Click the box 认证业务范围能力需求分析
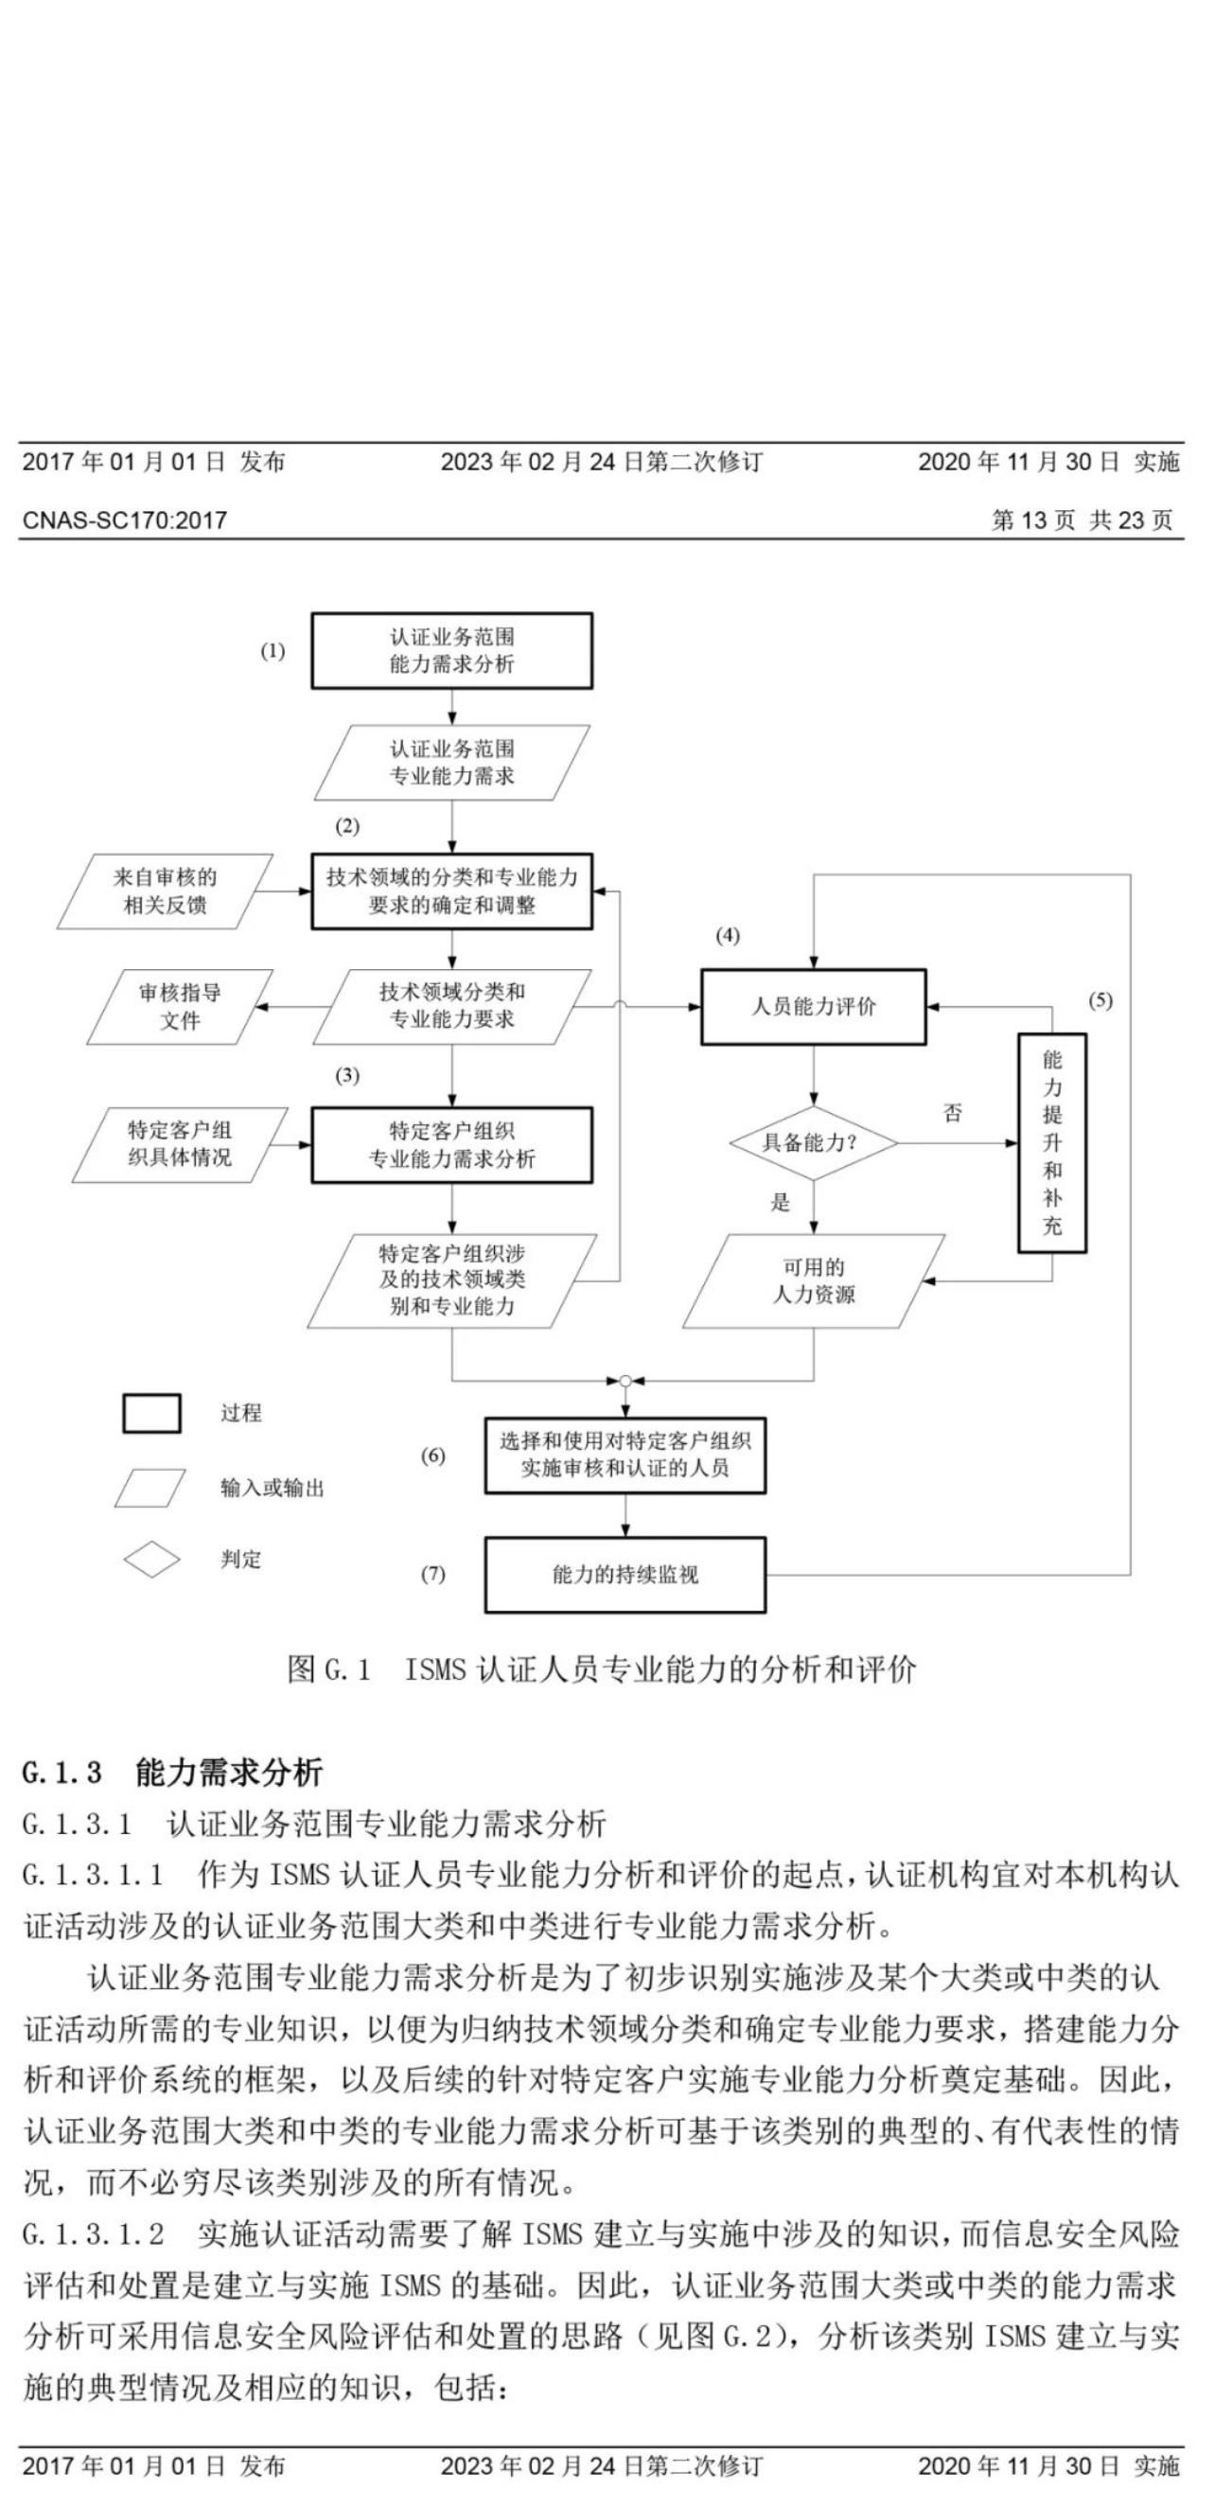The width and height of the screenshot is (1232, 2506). coord(451,651)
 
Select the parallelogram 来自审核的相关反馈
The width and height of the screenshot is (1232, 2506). coord(165,891)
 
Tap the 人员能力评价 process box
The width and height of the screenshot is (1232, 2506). coord(813,1007)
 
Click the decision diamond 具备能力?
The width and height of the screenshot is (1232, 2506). coord(813,1143)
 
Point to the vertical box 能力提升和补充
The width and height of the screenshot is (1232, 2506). coord(1051,1143)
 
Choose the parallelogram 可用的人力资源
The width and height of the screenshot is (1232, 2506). coord(813,1281)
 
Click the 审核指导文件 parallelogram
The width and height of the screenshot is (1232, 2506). coord(180,1007)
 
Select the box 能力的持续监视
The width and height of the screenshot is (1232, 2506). coord(625,1575)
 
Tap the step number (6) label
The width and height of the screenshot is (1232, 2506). coord(432,1456)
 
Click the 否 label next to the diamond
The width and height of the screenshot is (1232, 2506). coord(952,1113)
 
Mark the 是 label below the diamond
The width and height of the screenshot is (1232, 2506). coord(780,1203)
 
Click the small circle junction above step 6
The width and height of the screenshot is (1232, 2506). coord(625,1381)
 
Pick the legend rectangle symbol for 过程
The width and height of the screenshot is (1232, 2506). coord(151,1414)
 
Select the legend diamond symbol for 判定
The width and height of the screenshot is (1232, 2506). coord(151,1561)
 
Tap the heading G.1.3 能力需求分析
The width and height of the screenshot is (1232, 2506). coord(171,1773)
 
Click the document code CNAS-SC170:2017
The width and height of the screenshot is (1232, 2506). coord(125,521)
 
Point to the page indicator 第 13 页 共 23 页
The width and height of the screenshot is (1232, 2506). coord(1082,521)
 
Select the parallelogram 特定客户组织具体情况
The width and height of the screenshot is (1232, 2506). coord(180,1144)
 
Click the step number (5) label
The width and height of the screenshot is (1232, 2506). coord(1100,1001)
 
